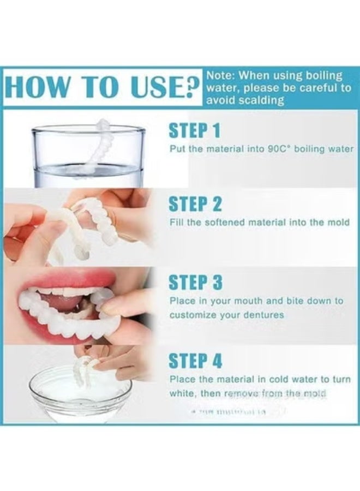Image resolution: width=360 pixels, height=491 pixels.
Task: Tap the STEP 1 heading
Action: click(195, 131)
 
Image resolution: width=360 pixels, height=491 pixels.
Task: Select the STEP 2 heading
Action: click(195, 204)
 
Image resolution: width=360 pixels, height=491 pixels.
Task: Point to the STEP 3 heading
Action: click(195, 283)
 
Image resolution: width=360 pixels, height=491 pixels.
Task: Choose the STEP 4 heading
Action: click(195, 361)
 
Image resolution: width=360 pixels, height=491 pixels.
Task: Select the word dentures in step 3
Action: click(264, 315)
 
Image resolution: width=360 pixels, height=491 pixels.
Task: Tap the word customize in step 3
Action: click(191, 315)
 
